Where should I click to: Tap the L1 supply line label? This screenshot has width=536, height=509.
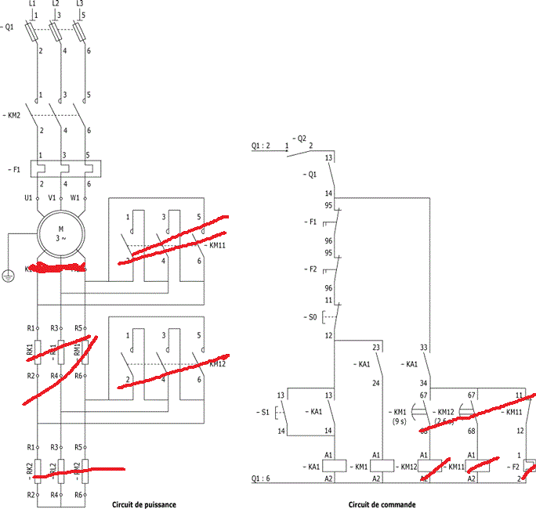[31, 4]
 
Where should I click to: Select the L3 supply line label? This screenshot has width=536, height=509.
[80, 4]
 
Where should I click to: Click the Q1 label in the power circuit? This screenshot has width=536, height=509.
[9, 27]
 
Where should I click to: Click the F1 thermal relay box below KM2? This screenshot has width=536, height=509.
[66, 168]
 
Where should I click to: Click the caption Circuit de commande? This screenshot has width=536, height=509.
[383, 504]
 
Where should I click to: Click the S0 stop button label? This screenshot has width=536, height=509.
[311, 316]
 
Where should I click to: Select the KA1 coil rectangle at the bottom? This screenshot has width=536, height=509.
[330, 467]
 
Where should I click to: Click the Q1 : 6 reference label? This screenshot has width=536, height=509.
[261, 478]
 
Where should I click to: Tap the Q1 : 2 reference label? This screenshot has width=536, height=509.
[261, 146]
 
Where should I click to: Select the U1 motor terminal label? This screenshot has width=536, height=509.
[29, 198]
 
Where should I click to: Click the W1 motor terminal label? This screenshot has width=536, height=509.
[75, 198]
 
